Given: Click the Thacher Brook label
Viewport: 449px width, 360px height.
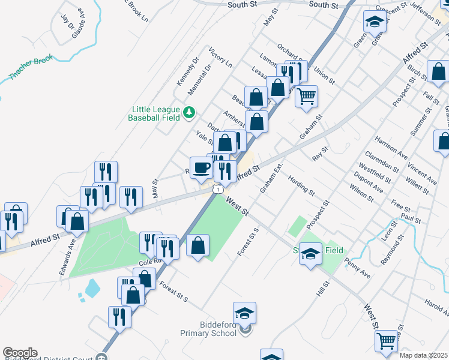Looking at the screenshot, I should (32, 68).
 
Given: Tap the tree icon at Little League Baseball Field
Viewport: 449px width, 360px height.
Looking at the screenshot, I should (189, 112).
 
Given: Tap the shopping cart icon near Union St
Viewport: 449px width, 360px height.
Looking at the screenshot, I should (306, 95).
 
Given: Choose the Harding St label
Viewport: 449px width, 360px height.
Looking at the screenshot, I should (301, 185).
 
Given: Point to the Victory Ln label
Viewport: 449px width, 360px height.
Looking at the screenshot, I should (220, 55).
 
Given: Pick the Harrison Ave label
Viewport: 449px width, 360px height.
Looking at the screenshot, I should (391, 147).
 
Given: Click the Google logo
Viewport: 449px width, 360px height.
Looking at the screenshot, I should (20, 353).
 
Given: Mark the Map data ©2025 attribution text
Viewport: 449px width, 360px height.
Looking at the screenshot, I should (423, 355).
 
